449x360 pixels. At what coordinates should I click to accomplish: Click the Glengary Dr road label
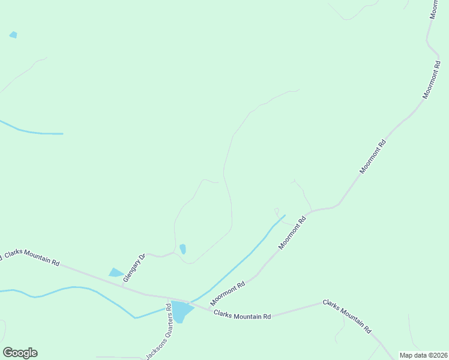point(134,268)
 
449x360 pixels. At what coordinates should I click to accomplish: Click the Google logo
point(20,353)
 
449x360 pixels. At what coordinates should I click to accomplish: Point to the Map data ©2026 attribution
point(423,355)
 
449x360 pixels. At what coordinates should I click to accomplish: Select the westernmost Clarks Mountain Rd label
point(31,259)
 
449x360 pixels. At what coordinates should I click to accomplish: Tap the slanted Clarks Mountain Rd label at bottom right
point(348,316)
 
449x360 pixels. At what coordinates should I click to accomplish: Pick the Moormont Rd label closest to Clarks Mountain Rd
point(228,293)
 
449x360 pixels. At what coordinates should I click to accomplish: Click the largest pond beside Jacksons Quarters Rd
point(181,311)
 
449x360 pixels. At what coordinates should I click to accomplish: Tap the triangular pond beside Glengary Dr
point(116,273)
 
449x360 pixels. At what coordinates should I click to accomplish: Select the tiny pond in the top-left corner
point(13,35)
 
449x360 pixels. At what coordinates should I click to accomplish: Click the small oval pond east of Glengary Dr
point(182,248)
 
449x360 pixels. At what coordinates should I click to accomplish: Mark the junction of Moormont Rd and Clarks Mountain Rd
point(209,309)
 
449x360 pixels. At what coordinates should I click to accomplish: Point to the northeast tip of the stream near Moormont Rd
point(284,215)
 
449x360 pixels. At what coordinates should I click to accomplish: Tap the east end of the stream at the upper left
point(62,133)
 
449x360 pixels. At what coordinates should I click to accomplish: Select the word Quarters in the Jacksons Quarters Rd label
point(166,329)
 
